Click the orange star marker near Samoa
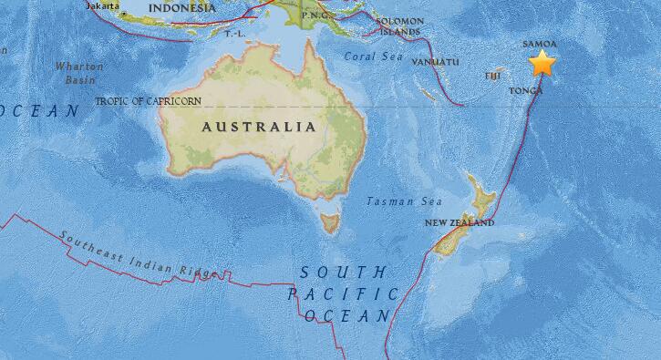coord(542,64)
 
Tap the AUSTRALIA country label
coord(260,127)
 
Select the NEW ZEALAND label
coord(460,222)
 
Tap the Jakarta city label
coord(102,5)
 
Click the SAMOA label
coord(537,43)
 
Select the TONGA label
coord(526,91)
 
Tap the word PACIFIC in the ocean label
coord(343,293)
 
